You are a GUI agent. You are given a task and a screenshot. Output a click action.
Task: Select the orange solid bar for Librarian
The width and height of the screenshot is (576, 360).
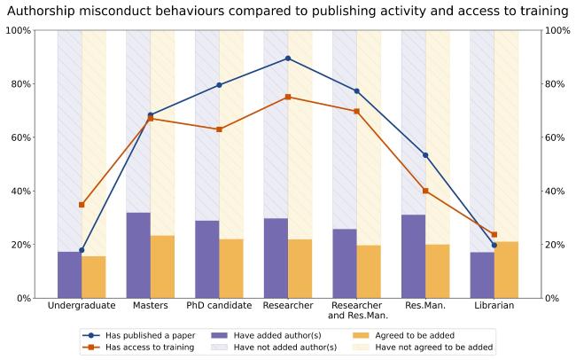506,270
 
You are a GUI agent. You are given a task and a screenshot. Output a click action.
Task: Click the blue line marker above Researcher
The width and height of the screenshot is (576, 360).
288,59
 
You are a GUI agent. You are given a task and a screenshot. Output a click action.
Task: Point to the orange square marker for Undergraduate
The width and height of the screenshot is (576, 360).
82,205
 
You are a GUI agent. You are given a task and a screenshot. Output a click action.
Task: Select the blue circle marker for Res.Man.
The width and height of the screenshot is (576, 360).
425,155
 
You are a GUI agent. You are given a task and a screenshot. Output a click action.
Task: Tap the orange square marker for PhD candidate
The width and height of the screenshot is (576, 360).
219,129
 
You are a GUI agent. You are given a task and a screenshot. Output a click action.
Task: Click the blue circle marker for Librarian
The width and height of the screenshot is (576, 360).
494,245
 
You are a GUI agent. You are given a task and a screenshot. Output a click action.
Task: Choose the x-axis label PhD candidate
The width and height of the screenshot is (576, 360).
219,306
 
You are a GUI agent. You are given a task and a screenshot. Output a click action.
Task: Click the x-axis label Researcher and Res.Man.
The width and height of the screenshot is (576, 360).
356,310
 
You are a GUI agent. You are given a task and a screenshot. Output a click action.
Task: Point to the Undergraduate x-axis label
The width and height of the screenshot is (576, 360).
82,306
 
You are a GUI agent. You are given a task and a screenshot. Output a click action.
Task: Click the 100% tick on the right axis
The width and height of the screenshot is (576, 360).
555,30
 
